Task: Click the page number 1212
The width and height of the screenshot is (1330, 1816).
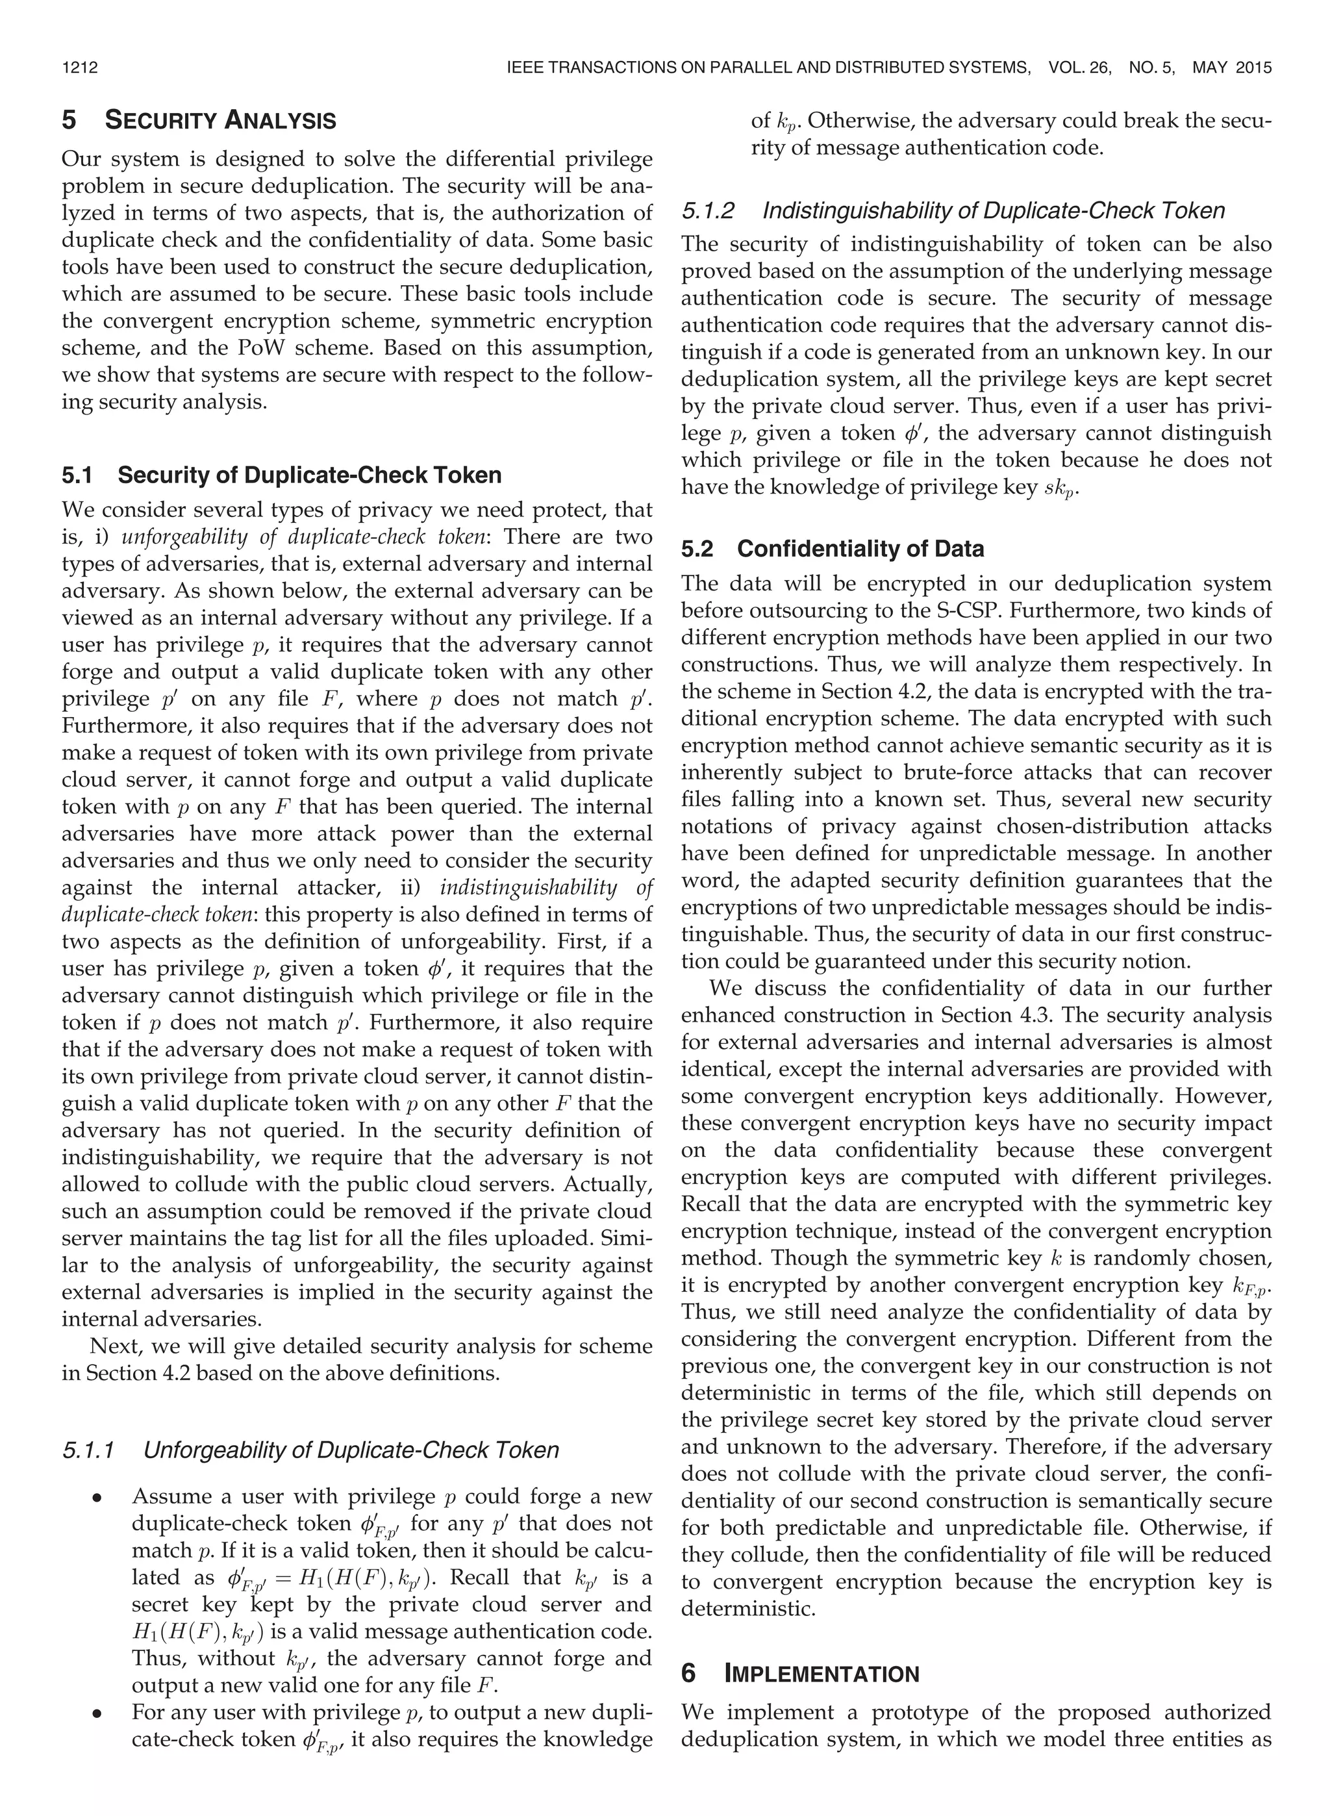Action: pyautogui.click(x=80, y=68)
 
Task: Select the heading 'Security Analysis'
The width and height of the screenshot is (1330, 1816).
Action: pyautogui.click(x=221, y=121)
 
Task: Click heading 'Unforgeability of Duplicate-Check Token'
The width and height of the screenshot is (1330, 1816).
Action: pyautogui.click(x=350, y=1450)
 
